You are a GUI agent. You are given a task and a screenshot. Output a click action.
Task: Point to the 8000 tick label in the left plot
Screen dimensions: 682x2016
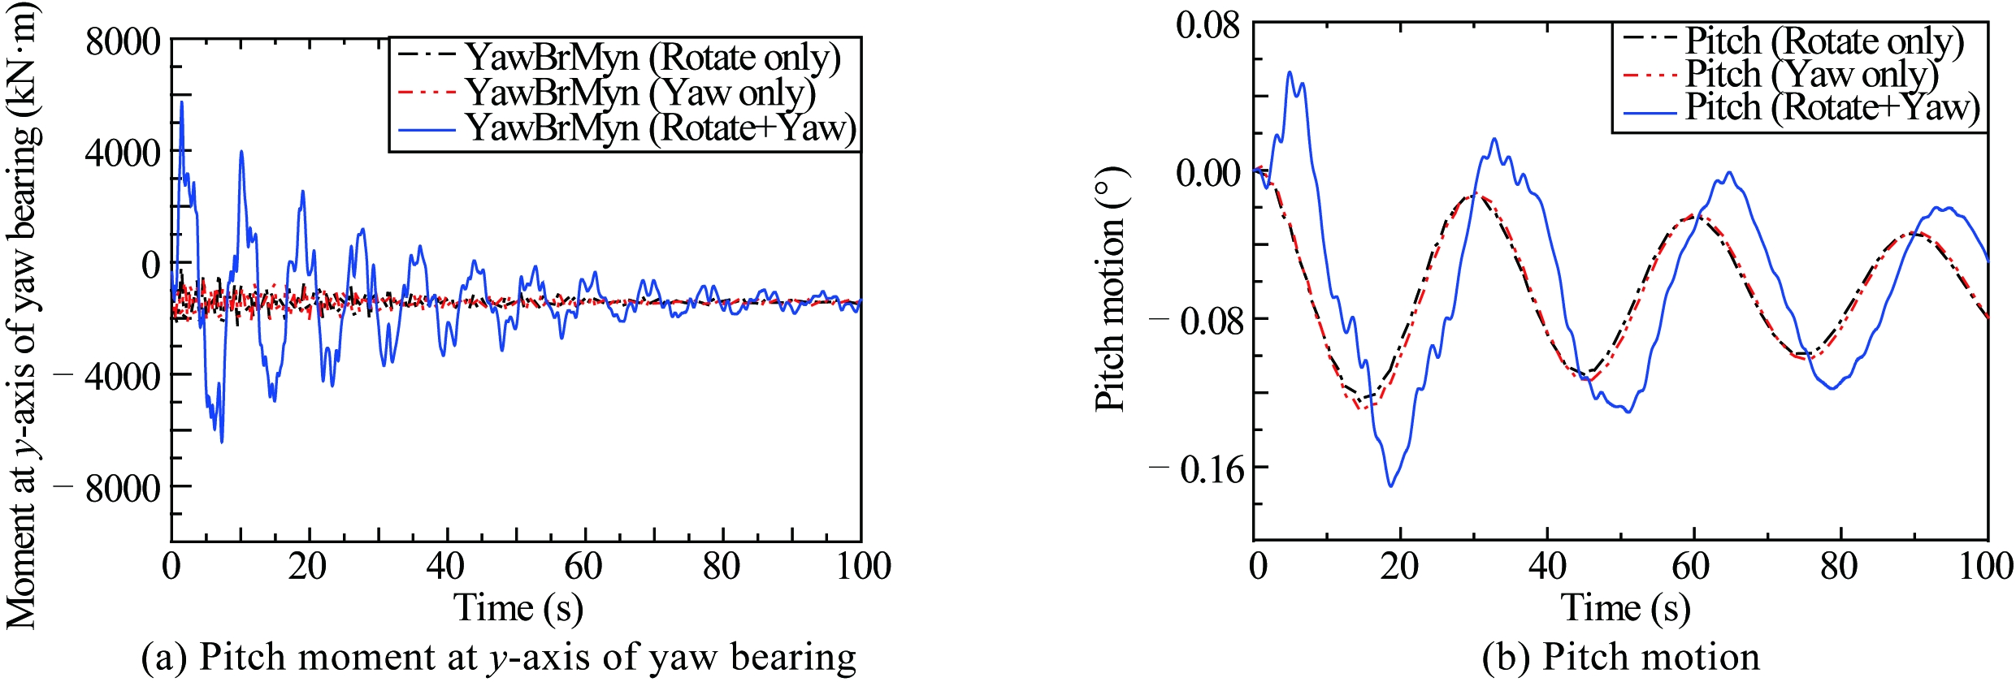pyautogui.click(x=124, y=41)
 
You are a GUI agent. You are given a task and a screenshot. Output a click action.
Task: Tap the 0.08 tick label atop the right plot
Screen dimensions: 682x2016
pyautogui.click(x=1208, y=25)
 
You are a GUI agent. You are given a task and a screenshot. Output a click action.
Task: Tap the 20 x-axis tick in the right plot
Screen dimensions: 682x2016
pyautogui.click(x=1399, y=566)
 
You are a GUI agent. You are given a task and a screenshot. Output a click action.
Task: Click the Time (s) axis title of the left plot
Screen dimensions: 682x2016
pyautogui.click(x=518, y=607)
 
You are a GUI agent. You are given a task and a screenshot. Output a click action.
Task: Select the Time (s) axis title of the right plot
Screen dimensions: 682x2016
pyautogui.click(x=1625, y=607)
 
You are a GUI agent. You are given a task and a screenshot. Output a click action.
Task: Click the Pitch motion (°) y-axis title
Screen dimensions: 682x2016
pyautogui.click(x=1112, y=288)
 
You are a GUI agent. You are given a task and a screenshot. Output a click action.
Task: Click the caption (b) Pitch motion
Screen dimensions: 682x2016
pyautogui.click(x=1620, y=657)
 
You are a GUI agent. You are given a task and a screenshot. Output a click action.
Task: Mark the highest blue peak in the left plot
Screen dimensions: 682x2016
pyautogui.click(x=182, y=102)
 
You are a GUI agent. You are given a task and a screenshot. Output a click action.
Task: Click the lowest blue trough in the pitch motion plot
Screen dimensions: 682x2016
pyautogui.click(x=1391, y=486)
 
